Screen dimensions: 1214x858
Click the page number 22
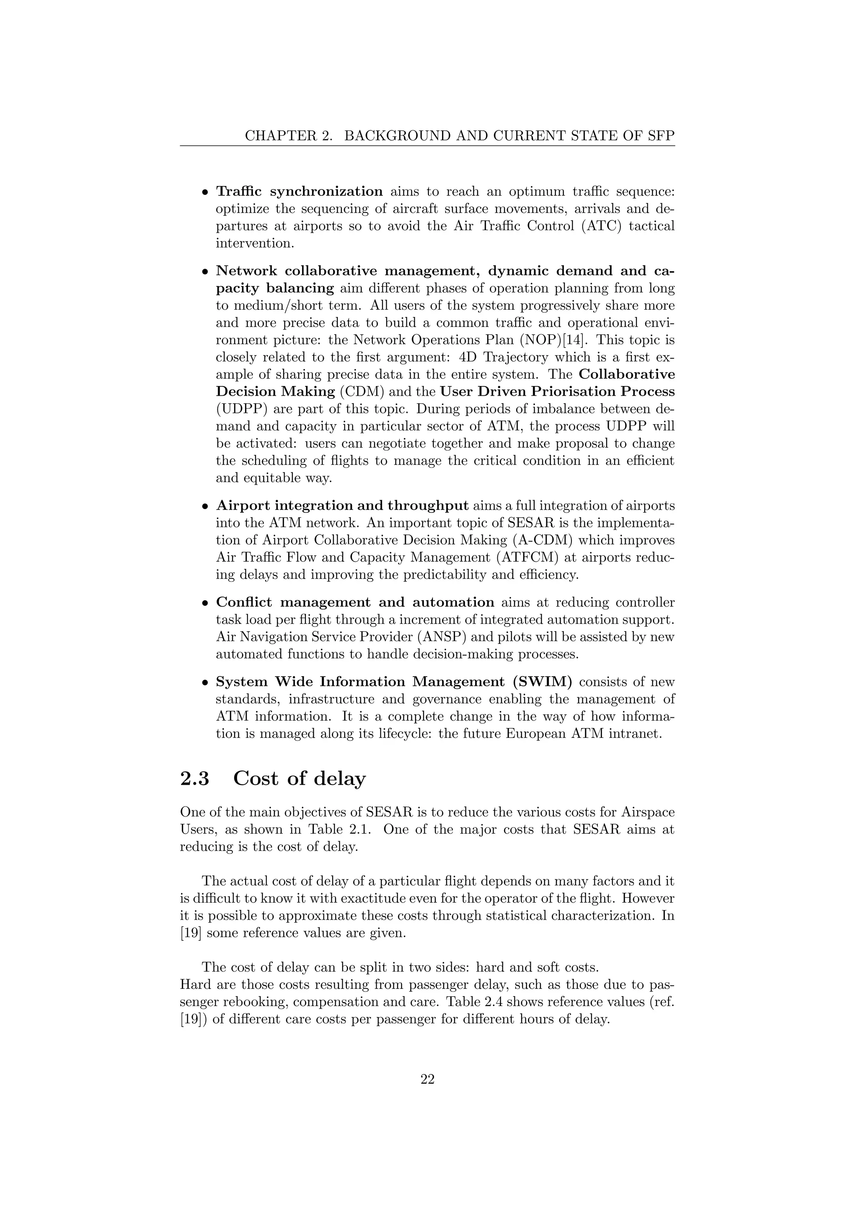click(427, 1080)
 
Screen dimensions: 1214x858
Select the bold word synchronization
click(326, 192)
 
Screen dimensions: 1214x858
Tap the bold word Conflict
click(244, 602)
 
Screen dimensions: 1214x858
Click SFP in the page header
click(660, 136)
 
